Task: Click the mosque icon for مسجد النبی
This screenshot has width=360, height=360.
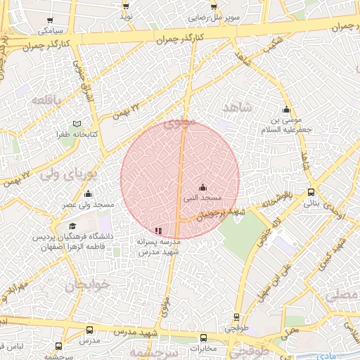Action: click(x=203, y=187)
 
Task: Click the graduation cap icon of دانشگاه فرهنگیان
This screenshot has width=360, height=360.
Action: click(x=72, y=226)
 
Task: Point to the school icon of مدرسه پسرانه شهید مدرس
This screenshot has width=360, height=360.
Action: click(x=158, y=230)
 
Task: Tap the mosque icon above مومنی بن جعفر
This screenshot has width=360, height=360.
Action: click(x=285, y=110)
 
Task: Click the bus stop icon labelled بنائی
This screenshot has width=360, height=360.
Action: click(x=311, y=192)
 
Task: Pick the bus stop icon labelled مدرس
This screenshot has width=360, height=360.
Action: click(x=89, y=330)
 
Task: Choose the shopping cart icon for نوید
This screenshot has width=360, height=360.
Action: click(x=126, y=5)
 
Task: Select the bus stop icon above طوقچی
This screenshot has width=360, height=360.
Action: click(x=236, y=318)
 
